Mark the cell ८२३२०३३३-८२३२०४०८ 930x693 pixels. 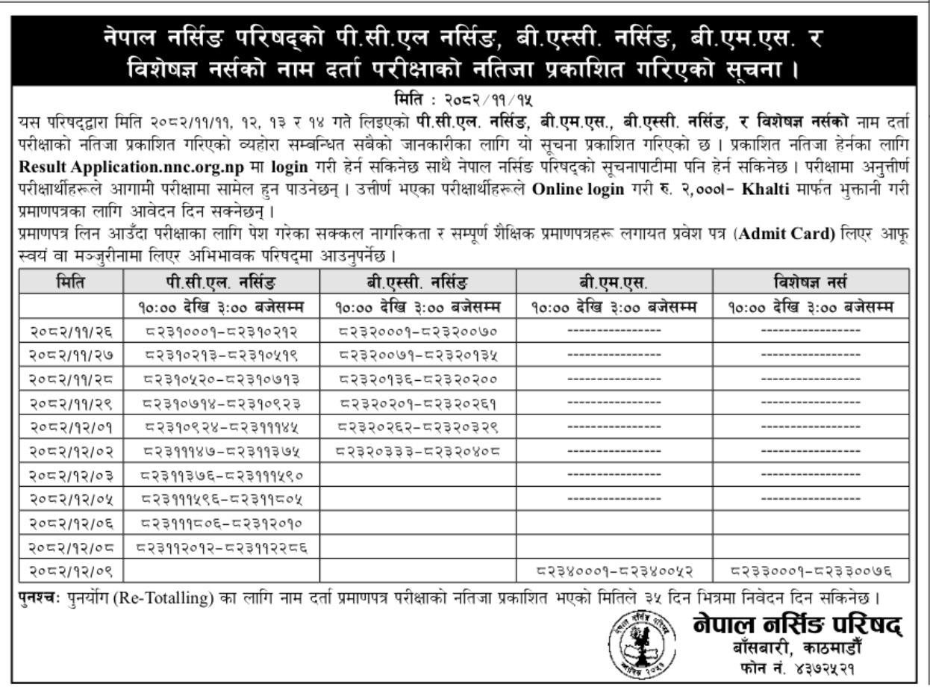(418, 451)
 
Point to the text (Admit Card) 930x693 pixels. (793, 234)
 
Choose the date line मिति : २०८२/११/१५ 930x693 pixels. (464, 98)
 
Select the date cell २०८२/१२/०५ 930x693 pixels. (71, 492)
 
